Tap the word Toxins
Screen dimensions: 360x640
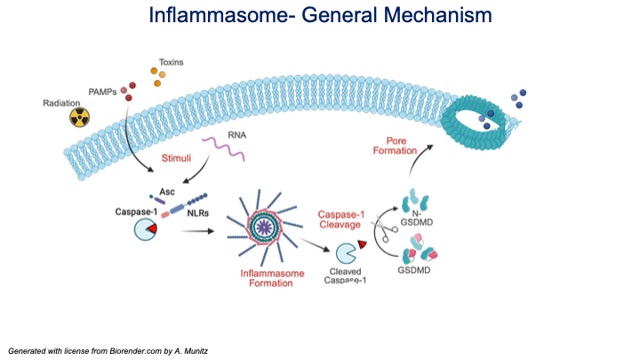pyautogui.click(x=172, y=63)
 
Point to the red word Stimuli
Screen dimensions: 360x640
pyautogui.click(x=175, y=159)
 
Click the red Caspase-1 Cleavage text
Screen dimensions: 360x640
pyautogui.click(x=342, y=219)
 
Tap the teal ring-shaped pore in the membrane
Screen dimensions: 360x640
pyautogui.click(x=478, y=120)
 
